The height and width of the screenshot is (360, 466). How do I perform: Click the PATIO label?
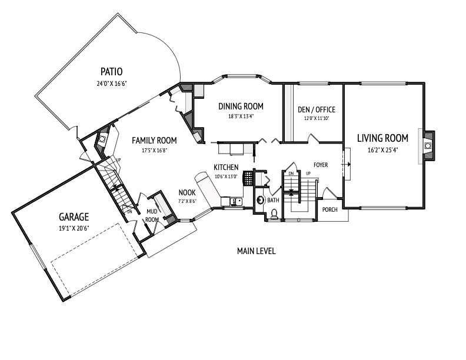(x=111, y=72)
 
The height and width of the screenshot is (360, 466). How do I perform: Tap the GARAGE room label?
(x=74, y=217)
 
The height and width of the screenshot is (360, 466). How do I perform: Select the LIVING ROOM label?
(x=383, y=138)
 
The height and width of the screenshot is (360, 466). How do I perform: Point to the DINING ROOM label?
(x=241, y=106)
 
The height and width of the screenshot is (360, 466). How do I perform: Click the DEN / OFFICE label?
(x=317, y=109)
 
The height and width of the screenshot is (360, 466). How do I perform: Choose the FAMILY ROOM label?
(x=154, y=140)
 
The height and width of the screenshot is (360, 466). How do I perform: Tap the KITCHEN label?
(x=226, y=168)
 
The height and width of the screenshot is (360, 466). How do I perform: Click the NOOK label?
(x=187, y=192)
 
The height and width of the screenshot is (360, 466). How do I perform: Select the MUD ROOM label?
(x=152, y=215)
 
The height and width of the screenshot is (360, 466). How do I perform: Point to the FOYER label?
(x=321, y=165)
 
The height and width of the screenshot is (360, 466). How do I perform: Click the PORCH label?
(x=330, y=209)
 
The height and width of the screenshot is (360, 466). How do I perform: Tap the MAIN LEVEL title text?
(x=256, y=251)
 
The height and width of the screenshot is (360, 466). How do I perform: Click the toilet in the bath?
(x=274, y=214)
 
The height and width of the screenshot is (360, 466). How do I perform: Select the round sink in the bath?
(x=260, y=200)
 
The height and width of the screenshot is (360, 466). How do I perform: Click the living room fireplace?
(x=427, y=145)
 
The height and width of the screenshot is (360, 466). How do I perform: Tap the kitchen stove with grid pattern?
(x=248, y=178)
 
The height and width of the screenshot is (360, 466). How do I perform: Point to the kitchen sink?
(x=236, y=202)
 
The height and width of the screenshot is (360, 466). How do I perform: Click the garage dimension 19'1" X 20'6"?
(x=74, y=228)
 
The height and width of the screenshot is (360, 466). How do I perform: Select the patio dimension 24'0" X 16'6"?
(x=112, y=84)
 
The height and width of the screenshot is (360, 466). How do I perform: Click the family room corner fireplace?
(x=102, y=139)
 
